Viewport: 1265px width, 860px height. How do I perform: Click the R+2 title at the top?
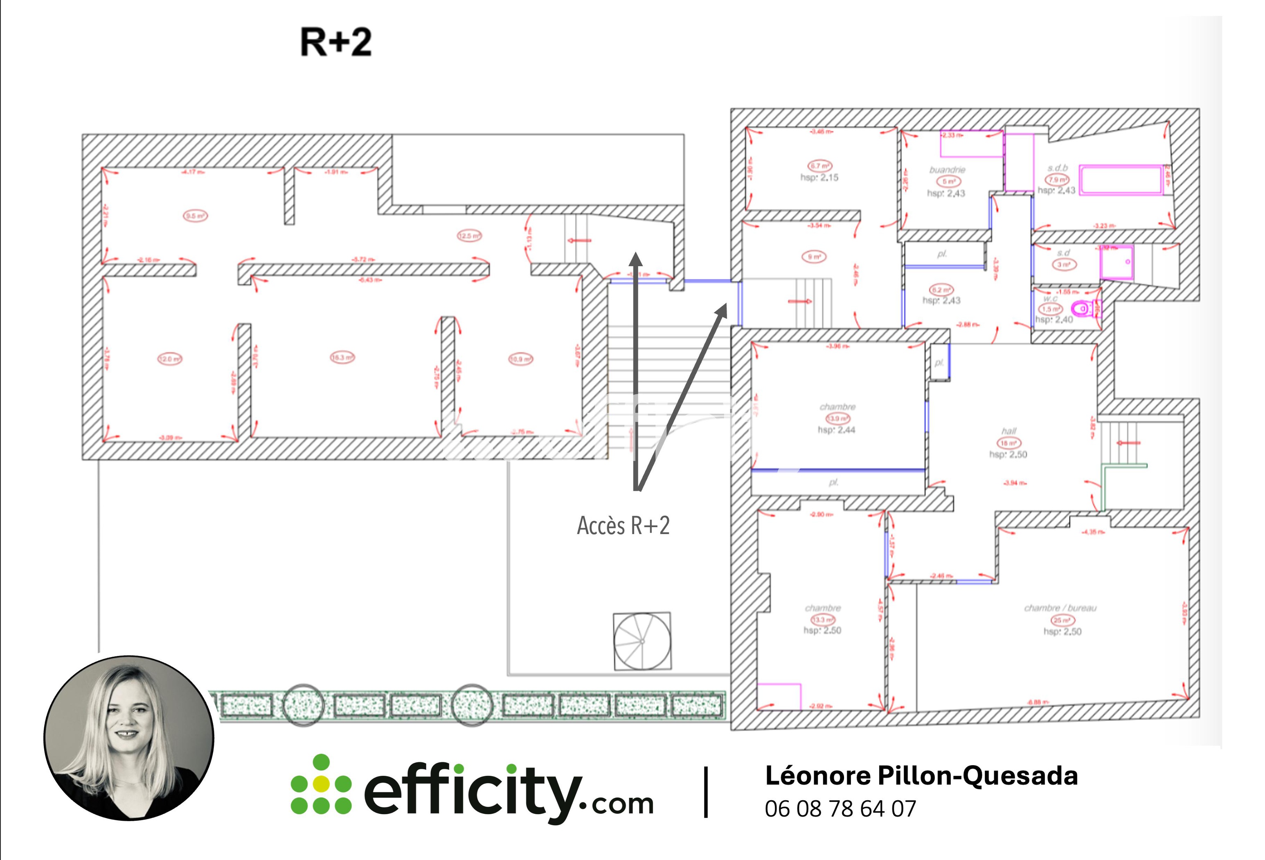336,43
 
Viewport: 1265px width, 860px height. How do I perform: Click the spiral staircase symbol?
642,641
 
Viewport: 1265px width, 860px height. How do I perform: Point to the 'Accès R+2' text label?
623,525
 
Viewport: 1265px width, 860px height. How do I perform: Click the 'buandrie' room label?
948,170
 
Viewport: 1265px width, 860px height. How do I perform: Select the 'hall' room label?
1008,431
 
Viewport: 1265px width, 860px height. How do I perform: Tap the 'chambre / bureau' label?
1060,608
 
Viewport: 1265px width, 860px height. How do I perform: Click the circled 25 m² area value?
1062,620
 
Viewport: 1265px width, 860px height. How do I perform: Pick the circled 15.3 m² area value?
342,357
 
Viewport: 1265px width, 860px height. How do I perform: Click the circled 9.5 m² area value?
195,216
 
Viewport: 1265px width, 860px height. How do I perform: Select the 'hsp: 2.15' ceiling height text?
819,177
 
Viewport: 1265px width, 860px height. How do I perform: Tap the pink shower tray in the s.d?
1116,262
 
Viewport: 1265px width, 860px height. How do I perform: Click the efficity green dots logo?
321,784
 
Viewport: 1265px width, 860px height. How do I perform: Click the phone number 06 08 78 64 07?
840,809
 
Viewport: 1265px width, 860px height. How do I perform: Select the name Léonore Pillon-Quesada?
921,776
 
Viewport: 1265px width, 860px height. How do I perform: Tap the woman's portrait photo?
129,738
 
